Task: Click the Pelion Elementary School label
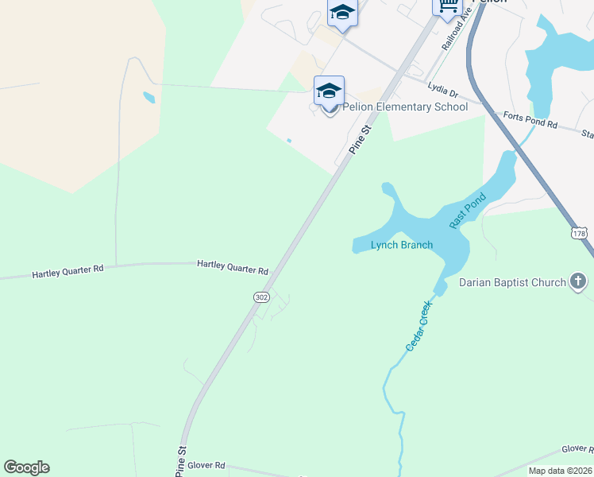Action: tap(405, 107)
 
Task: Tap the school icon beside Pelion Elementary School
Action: tap(329, 91)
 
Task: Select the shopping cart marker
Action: tap(447, 6)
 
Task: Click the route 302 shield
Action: tap(261, 297)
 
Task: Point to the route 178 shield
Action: tap(578, 233)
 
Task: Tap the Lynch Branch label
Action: tap(402, 245)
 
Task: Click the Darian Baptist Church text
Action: tap(512, 282)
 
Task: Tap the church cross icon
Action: tap(578, 281)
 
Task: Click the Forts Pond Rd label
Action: tap(530, 120)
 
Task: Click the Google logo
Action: tap(26, 467)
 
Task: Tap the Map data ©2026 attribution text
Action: tap(560, 471)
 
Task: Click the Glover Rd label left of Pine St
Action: tap(209, 465)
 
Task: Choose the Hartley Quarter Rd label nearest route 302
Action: tap(233, 266)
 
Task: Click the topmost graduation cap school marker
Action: tap(342, 12)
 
